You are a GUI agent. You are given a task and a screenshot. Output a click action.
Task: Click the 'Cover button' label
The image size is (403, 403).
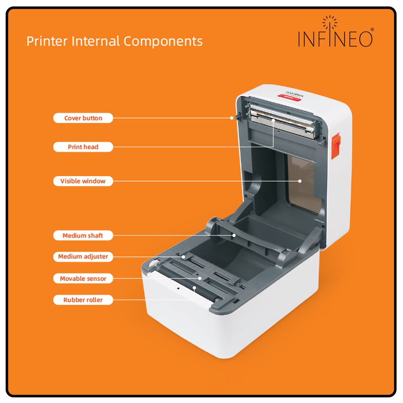tap(83, 118)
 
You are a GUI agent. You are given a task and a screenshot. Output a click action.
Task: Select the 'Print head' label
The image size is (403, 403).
tap(83, 147)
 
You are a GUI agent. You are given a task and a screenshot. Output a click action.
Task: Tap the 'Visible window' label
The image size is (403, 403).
tap(83, 181)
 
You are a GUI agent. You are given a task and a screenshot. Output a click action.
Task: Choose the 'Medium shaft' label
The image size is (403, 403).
tap(83, 235)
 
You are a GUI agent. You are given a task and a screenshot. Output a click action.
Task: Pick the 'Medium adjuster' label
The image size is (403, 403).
tap(83, 256)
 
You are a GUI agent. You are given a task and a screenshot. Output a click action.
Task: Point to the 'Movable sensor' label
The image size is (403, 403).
tap(83, 278)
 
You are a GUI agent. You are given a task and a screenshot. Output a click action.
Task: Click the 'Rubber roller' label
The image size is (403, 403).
tap(83, 300)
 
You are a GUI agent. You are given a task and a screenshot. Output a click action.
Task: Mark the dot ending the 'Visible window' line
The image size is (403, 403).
tap(300, 181)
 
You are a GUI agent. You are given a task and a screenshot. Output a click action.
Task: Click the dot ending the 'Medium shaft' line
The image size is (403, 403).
tap(234, 235)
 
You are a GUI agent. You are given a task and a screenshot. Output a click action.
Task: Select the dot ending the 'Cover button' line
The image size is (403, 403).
tap(232, 118)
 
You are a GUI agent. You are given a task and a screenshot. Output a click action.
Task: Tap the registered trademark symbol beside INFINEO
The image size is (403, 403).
tap(372, 30)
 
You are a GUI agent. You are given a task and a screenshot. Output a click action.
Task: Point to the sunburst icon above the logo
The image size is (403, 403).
tap(330, 22)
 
